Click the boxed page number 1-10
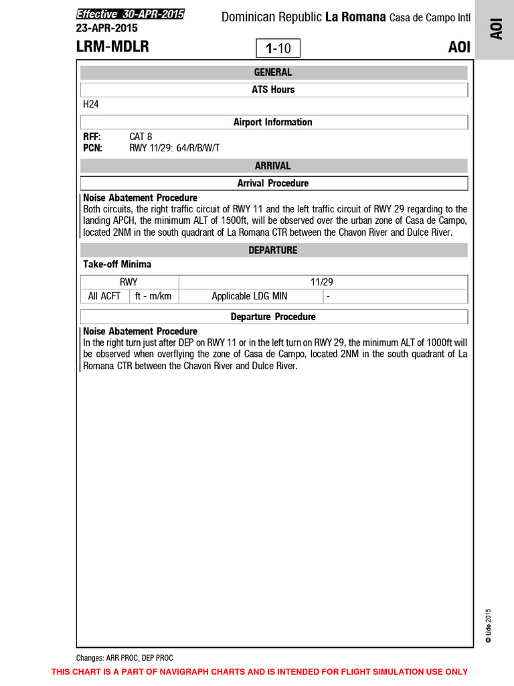278,48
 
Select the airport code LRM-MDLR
112,47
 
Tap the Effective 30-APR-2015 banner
130,14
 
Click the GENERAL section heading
273,72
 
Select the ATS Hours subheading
273,89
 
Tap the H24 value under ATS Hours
91,105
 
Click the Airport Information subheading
273,122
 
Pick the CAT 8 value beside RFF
141,137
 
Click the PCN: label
92,148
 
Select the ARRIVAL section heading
273,165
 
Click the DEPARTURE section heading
273,250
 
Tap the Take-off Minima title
117,265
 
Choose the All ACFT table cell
104,296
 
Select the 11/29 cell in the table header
322,282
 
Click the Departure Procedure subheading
273,316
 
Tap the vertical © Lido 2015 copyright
489,626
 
